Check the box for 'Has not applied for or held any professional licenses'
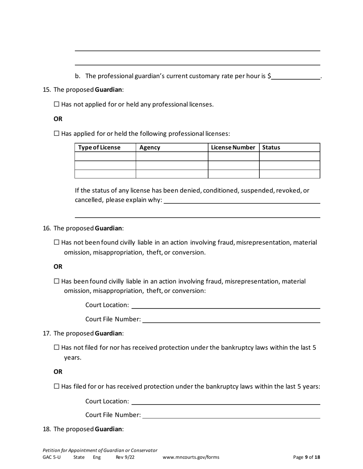[57, 104]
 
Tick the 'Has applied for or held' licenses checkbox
[57, 133]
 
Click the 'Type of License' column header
[99, 148]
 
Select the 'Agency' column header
[150, 148]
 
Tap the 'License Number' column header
[233, 148]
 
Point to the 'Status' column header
[271, 148]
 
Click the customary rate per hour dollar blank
[296, 76]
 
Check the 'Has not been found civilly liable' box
[57, 242]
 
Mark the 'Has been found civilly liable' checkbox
[57, 281]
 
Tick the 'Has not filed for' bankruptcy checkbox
[57, 347]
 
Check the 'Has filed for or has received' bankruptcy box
[57, 386]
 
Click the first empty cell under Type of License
[105, 156]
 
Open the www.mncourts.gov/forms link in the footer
[191, 457]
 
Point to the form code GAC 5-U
[52, 457]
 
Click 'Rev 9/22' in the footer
[125, 457]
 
